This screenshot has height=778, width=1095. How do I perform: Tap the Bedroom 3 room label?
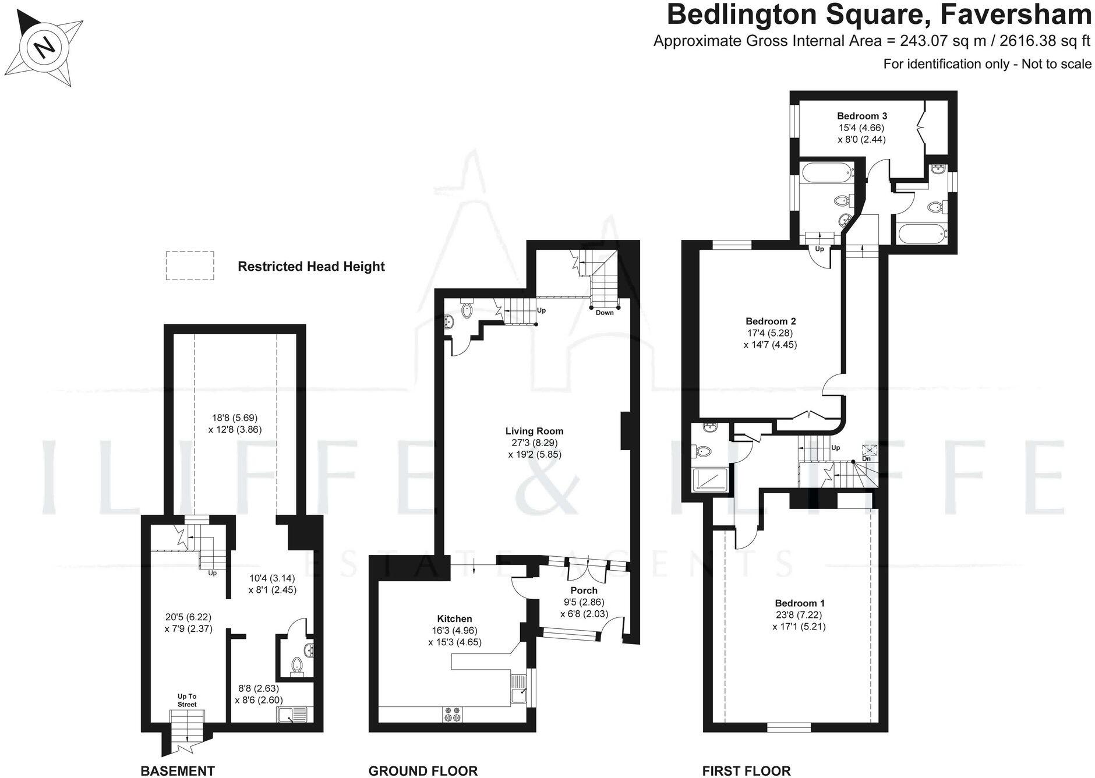[862, 116]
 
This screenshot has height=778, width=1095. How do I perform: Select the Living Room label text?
[534, 432]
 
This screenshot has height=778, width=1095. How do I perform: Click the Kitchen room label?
[454, 619]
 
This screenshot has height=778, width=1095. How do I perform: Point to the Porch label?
[584, 590]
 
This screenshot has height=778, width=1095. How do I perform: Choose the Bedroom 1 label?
[799, 603]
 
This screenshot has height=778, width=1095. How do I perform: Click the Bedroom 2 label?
[771, 321]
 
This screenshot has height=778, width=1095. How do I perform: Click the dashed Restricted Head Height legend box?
[190, 266]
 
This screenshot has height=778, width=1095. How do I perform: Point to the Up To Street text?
[187, 700]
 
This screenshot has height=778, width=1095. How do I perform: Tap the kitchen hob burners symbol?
[451, 715]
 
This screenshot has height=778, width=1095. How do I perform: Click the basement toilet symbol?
[297, 665]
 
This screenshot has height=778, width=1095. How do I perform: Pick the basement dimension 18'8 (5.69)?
[234, 418]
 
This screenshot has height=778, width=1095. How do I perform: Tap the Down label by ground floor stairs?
[605, 313]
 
